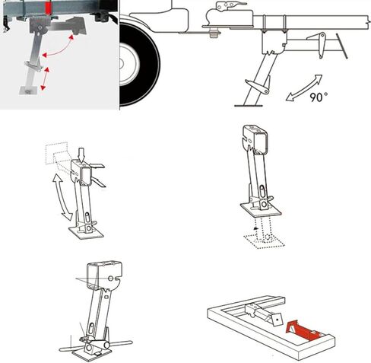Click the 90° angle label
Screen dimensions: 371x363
[x=319, y=97]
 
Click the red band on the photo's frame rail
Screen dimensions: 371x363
[x=48, y=7]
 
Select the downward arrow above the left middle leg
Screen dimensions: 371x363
[x=81, y=154]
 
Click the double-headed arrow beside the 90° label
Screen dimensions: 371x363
[x=303, y=88]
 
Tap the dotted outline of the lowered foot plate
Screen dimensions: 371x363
[x=264, y=240]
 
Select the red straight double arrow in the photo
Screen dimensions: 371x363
[x=45, y=78]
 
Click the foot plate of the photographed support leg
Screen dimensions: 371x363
[x=28, y=90]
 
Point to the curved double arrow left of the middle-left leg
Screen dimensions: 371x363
[x=62, y=197]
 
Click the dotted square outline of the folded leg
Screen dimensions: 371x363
[x=56, y=153]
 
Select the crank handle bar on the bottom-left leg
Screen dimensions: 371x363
[x=97, y=346]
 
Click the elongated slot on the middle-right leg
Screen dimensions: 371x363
[x=262, y=192]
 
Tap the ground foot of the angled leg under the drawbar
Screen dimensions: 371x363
[x=249, y=105]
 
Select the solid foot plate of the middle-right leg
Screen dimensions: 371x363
[x=261, y=210]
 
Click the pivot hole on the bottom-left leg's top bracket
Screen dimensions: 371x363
[x=110, y=279]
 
